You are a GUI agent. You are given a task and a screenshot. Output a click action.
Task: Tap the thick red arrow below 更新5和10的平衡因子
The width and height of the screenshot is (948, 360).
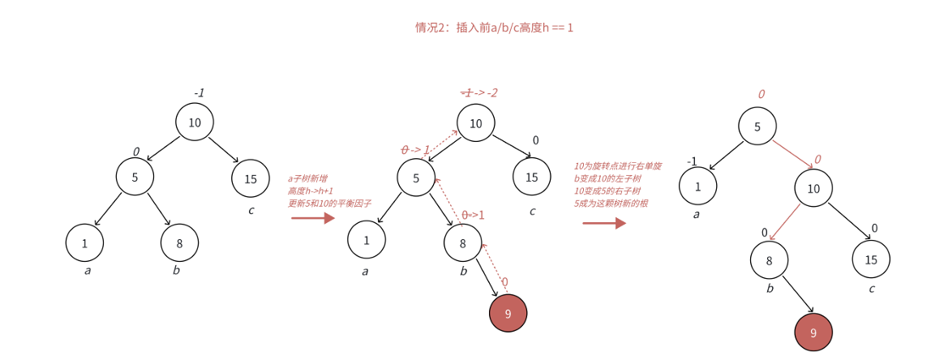[313, 218]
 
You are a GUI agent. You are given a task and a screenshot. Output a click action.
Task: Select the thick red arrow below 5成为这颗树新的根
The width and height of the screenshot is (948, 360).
[604, 223]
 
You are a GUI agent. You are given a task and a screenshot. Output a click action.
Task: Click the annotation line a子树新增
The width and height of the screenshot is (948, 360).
[308, 178]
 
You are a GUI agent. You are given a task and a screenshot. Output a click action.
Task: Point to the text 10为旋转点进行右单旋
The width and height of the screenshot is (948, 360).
[618, 165]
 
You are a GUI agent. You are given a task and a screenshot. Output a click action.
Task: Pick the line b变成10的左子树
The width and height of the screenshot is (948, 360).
[607, 178]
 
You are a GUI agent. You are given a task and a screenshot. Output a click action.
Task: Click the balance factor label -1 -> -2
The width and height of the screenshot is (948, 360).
[479, 93]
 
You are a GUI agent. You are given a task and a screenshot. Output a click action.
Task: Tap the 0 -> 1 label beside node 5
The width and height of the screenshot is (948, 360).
[416, 150]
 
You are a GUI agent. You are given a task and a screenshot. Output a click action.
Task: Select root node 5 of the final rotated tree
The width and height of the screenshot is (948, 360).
[757, 126]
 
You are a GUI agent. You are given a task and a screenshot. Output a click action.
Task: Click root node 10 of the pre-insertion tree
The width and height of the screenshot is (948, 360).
[195, 122]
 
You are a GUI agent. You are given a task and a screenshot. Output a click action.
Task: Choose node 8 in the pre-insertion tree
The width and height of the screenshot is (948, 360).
[179, 242]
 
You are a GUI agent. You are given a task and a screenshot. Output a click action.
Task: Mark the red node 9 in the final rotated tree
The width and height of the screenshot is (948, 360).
[813, 332]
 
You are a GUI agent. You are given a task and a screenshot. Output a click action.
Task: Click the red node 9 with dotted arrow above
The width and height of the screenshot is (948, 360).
[508, 314]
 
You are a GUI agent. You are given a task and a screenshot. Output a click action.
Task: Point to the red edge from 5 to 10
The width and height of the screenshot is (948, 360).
[792, 154]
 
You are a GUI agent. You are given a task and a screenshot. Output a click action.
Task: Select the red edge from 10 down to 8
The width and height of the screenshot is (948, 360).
[784, 221]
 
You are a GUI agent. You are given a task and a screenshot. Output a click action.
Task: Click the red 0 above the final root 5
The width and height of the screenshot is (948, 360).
[761, 95]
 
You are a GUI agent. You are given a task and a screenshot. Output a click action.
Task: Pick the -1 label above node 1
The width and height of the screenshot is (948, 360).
[692, 161]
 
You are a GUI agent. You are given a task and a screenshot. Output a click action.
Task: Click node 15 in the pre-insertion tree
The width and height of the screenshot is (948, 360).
[251, 178]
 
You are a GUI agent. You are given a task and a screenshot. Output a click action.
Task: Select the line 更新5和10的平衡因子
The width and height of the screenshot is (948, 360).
[329, 204]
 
